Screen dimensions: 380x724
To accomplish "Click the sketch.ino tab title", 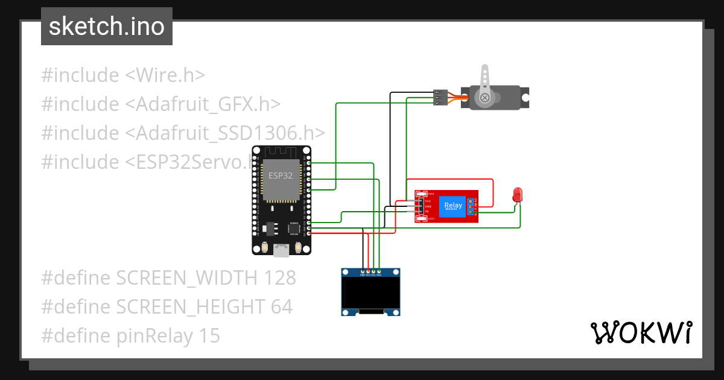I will tap(106, 27).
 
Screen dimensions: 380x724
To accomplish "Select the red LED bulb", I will tap(517, 194).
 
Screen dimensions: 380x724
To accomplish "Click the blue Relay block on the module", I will tap(453, 206).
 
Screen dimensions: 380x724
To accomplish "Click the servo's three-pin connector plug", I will tap(441, 97).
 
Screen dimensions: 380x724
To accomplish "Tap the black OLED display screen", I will tap(370, 293).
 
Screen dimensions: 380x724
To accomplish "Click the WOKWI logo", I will tap(641, 333).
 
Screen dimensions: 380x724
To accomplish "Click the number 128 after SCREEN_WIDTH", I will tap(279, 278).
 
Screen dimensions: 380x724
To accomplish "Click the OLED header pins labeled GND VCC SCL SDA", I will tap(370, 272).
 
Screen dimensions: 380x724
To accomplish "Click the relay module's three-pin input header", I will tap(420, 206).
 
